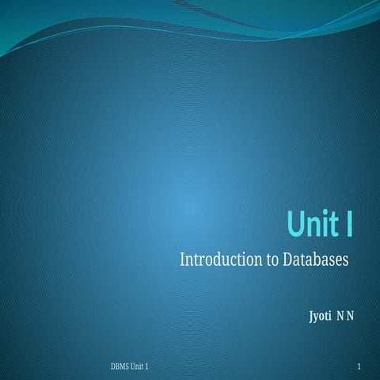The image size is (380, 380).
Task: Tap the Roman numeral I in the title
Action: point(349,224)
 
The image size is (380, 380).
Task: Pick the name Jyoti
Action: point(320,317)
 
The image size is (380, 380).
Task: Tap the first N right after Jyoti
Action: point(340,317)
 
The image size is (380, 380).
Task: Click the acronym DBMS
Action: point(122,368)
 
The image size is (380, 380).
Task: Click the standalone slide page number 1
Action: point(359,368)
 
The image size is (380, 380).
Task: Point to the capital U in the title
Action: point(295,224)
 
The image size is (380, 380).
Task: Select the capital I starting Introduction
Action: point(184,260)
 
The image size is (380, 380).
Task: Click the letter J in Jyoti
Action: point(310,317)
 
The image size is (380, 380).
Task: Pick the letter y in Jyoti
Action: point(316,317)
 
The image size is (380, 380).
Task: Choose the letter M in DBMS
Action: point(125,368)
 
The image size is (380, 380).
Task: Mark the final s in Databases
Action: point(347,260)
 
